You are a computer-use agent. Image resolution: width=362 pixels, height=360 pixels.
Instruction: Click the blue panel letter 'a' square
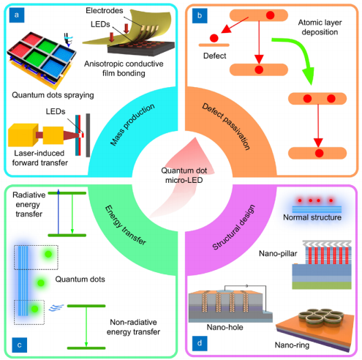(17, 15)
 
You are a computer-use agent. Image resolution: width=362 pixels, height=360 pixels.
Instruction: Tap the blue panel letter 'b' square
(200, 15)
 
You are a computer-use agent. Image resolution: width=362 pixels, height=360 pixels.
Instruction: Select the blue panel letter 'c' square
(19, 345)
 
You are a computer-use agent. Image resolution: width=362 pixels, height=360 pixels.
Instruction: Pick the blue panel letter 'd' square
(200, 343)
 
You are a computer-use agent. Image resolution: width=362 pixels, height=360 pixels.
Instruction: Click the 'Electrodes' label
(105, 10)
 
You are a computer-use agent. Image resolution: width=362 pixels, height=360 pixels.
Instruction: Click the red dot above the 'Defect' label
(214, 38)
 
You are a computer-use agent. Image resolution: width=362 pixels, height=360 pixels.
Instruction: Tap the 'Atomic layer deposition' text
(320, 27)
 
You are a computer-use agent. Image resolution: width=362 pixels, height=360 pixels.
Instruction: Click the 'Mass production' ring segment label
(132, 124)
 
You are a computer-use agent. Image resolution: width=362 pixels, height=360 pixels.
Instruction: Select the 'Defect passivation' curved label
(226, 127)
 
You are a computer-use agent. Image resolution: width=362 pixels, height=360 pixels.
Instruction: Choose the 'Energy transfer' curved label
(126, 225)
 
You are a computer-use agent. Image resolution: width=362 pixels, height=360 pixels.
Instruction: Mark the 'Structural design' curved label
(234, 228)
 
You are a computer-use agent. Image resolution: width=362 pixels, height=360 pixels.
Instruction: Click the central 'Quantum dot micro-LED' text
(184, 176)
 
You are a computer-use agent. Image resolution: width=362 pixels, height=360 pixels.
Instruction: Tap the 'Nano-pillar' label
(278, 254)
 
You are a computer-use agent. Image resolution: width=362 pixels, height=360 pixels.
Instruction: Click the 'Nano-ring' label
(292, 345)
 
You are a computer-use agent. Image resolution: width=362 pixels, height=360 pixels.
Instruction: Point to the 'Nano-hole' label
(225, 327)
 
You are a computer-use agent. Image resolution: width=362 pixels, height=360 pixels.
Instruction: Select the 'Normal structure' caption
(312, 217)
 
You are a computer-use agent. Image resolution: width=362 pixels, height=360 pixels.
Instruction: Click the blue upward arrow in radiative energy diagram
(59, 211)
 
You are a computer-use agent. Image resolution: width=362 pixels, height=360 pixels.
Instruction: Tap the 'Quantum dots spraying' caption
(53, 95)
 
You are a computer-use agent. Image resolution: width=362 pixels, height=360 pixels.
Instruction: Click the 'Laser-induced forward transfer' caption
(40, 158)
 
